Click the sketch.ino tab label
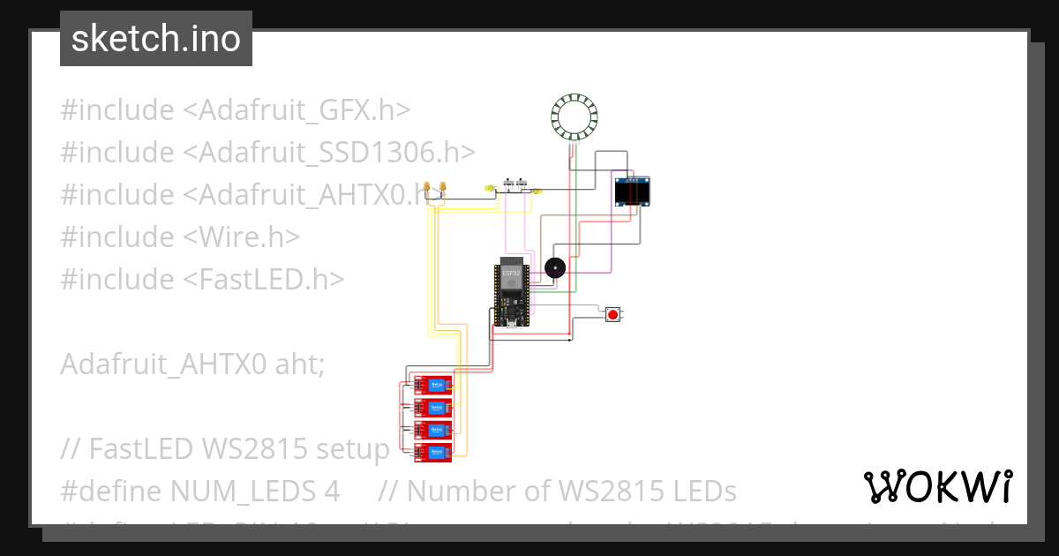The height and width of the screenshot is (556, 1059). [156, 39]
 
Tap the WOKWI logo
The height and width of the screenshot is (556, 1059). [938, 486]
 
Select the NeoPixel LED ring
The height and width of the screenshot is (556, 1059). [575, 116]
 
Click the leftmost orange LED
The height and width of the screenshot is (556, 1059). [428, 187]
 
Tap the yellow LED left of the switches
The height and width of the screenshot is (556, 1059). [489, 188]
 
